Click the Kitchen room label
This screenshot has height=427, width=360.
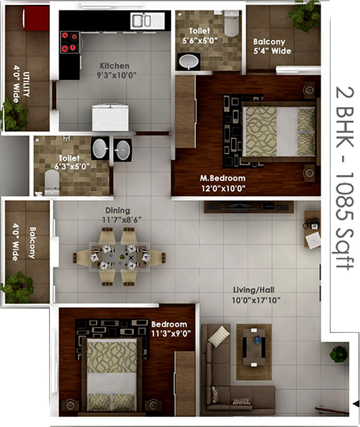coord(114,66)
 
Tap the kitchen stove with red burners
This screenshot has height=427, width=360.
coord(70,42)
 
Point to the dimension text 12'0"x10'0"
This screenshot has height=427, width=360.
coord(223,188)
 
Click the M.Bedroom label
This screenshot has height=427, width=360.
coord(223,178)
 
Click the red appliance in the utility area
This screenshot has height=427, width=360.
coord(36,18)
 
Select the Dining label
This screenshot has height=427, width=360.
coord(118,210)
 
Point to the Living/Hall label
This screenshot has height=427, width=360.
coord(254,290)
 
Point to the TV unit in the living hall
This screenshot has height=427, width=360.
coord(249,207)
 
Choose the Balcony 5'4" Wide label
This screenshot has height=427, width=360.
coord(272,46)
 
